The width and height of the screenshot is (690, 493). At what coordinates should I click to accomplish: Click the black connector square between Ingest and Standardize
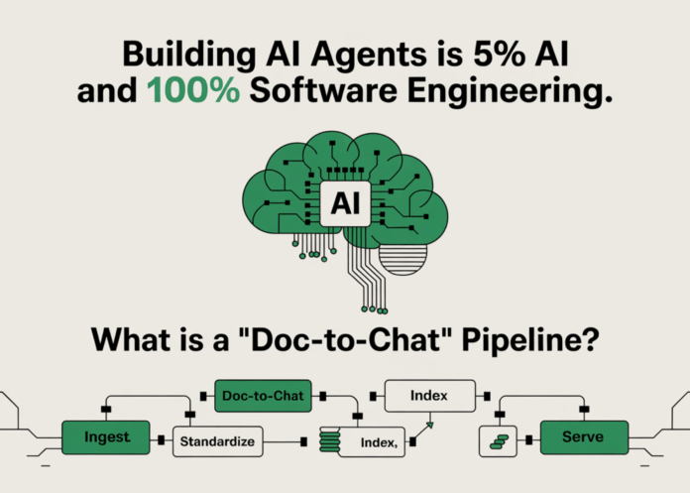[162, 435]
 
